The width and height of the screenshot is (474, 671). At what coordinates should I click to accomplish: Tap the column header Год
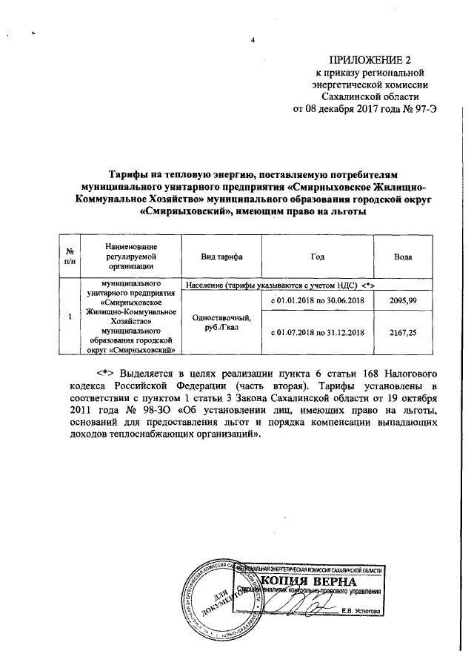[x=317, y=256]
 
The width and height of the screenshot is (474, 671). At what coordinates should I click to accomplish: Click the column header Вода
[x=404, y=256]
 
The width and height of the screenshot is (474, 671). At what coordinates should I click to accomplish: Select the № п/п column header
[x=69, y=256]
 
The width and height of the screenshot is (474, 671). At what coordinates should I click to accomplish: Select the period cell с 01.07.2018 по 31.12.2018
[x=317, y=333]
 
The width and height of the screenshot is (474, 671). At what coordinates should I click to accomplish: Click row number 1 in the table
[x=69, y=317]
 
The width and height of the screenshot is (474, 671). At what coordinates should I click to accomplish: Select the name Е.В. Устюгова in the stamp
[x=361, y=610]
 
